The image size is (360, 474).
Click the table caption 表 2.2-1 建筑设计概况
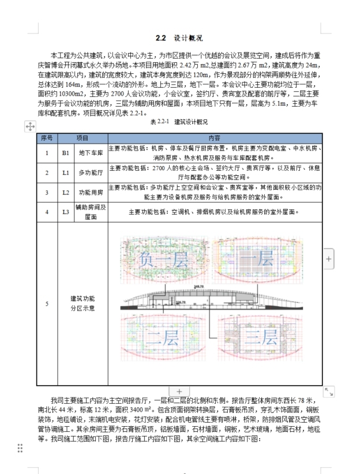(179, 122)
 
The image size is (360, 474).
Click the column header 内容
(215, 138)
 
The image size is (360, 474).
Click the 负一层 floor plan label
(159, 260)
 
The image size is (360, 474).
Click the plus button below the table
(179, 392)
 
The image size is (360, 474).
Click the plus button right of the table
(329, 259)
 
